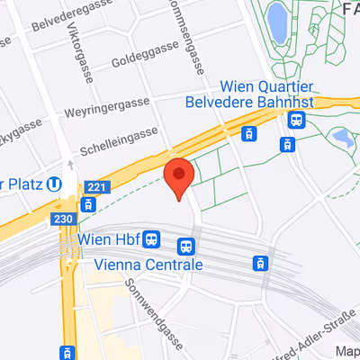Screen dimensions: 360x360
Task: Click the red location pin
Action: [179, 177]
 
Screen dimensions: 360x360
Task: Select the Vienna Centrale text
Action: [148, 265]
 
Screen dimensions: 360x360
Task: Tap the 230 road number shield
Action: [63, 219]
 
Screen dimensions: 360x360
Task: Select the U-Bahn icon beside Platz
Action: [56, 184]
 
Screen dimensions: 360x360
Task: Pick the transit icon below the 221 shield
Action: [87, 205]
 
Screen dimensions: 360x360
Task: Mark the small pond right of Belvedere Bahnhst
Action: [341, 138]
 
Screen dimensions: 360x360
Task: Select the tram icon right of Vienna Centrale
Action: [259, 263]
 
